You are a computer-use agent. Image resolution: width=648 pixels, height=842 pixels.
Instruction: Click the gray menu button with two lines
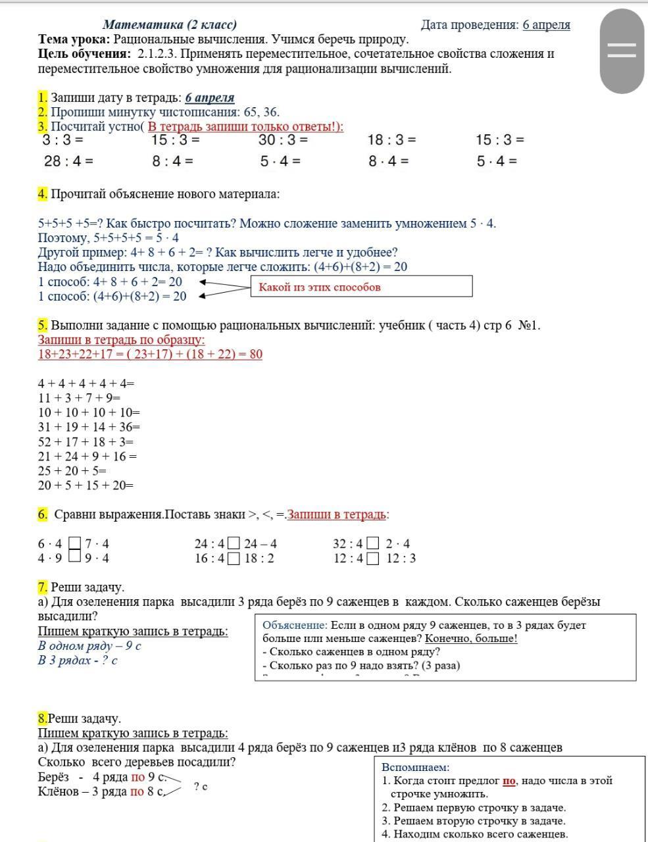(621, 51)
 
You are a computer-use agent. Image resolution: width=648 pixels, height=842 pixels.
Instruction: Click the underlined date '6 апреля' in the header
(546, 25)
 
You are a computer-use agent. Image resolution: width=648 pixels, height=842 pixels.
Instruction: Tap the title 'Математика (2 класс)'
(170, 25)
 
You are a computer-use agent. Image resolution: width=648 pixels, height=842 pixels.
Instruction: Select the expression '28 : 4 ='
(68, 161)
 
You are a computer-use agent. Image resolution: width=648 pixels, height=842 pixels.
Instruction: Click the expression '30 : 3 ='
(283, 139)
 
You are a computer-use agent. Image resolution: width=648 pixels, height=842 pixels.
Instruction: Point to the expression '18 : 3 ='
(391, 139)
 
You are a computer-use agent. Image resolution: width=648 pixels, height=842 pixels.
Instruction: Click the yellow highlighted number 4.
(43, 194)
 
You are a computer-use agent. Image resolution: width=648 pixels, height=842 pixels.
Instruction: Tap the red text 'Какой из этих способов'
(320, 287)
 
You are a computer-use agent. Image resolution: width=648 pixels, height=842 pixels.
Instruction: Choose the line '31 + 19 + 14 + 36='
(89, 427)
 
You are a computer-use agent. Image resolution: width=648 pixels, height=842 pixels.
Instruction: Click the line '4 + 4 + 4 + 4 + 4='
(86, 384)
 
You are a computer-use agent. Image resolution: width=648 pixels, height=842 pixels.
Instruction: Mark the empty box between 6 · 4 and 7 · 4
(75, 544)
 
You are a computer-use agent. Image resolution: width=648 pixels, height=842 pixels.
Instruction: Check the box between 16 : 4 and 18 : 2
(234, 559)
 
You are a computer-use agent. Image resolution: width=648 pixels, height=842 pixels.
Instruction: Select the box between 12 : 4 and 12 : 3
(373, 559)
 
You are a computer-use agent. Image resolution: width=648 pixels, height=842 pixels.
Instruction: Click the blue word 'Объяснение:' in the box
(295, 626)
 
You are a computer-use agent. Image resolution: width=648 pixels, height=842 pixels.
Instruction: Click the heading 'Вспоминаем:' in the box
(415, 767)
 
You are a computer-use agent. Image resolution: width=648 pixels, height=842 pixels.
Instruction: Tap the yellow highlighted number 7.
(43, 587)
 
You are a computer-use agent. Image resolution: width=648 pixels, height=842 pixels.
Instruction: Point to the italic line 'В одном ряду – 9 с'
(89, 646)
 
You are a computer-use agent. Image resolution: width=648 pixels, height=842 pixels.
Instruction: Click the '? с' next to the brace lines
(201, 786)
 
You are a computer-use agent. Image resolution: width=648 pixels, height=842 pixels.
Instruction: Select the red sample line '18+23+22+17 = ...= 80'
(150, 355)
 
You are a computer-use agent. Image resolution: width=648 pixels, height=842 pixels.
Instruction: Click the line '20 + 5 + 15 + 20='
(86, 485)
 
